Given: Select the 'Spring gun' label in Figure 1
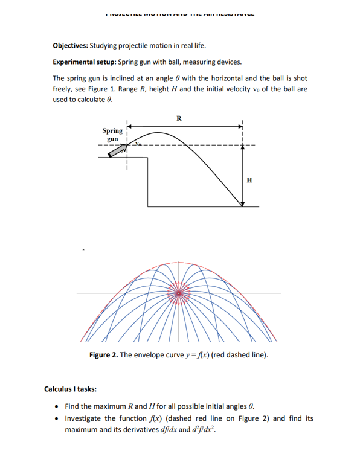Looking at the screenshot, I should click(x=112, y=134).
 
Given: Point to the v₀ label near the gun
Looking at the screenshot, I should click(x=138, y=144).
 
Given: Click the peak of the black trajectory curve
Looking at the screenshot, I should click(x=159, y=132).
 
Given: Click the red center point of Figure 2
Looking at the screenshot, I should click(x=178, y=293).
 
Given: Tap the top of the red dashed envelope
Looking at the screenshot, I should click(x=178, y=263).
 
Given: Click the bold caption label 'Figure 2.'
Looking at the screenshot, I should click(x=103, y=354).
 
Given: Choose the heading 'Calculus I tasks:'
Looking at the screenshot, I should click(x=71, y=389).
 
